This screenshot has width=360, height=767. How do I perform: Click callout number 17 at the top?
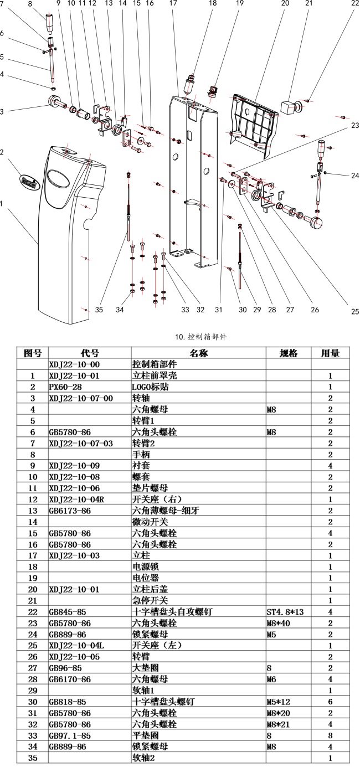(x=173, y=3)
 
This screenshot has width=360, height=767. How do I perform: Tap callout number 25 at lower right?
(x=355, y=311)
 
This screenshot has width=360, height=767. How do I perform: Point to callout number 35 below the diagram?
(x=99, y=310)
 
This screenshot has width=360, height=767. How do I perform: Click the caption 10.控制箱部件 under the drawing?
(x=200, y=337)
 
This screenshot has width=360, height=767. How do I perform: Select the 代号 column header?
(x=90, y=353)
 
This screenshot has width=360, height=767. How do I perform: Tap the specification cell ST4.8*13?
(x=285, y=612)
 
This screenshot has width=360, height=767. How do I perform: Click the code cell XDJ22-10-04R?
(x=76, y=500)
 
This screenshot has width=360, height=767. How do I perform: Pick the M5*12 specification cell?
(x=279, y=702)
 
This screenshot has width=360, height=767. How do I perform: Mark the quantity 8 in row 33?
(x=330, y=735)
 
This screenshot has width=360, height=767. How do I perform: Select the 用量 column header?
(x=330, y=353)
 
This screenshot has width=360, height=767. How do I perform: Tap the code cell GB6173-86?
(x=70, y=511)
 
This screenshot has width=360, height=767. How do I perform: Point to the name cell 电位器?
(x=146, y=578)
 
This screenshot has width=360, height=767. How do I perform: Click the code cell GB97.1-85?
(x=70, y=735)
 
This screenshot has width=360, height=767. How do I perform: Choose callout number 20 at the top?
(x=285, y=3)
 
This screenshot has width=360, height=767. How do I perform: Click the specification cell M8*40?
(x=279, y=623)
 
